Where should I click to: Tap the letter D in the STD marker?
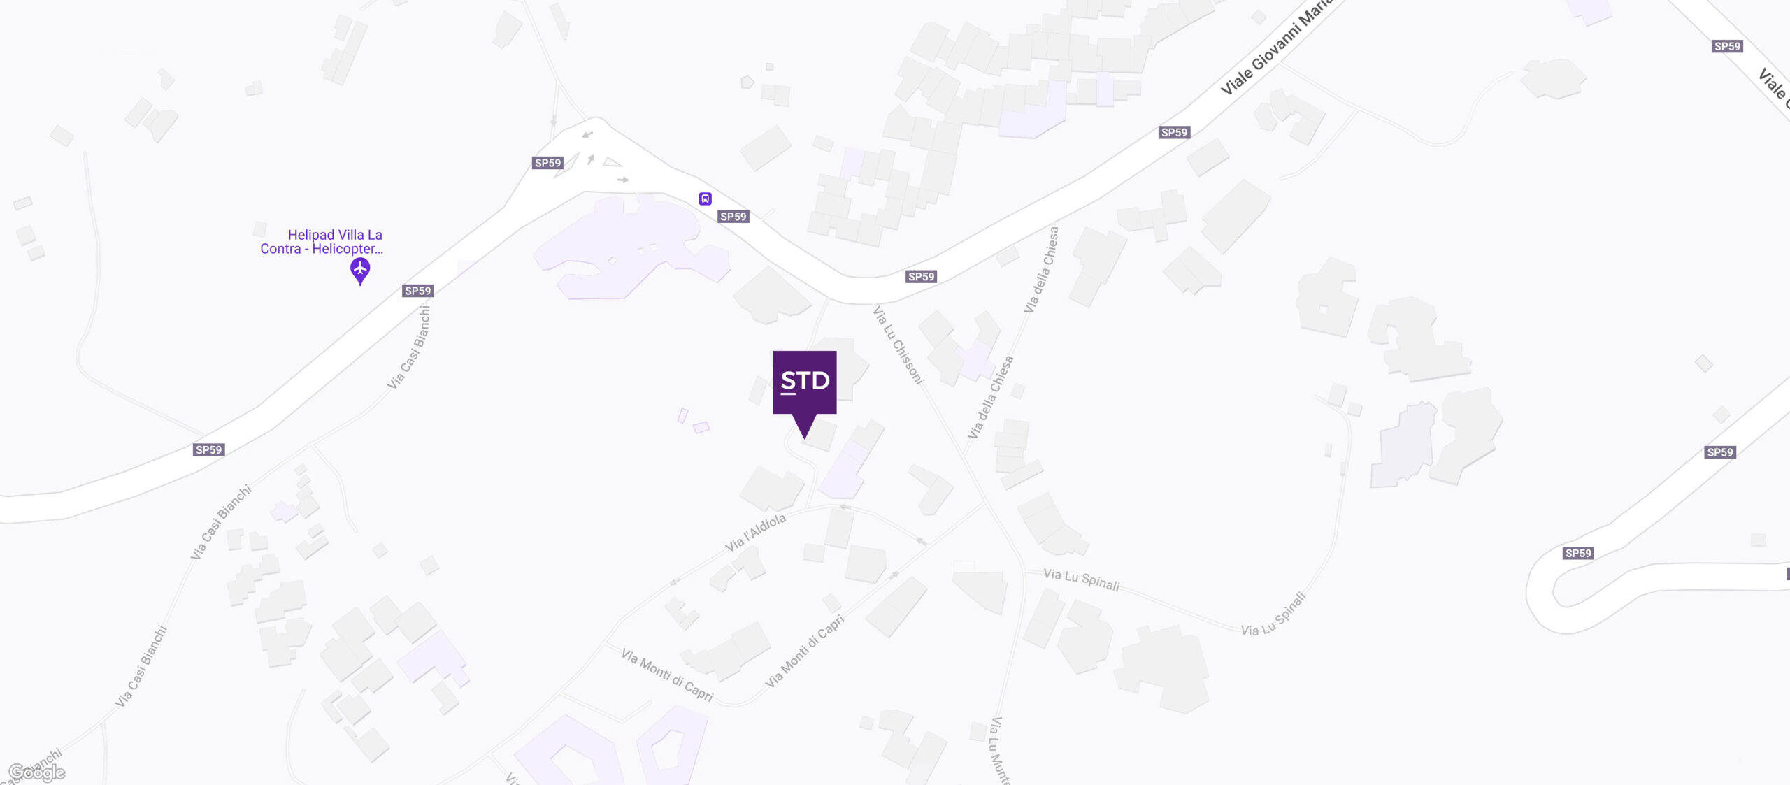[819, 381]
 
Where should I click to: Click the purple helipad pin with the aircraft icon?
[360, 270]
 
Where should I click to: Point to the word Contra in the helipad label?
[280, 249]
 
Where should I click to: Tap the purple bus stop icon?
[705, 199]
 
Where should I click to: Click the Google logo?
[37, 772]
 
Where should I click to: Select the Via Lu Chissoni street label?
[898, 345]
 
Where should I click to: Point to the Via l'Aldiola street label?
[755, 533]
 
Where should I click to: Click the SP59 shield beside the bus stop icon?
[733, 217]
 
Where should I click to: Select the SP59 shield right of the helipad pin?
[418, 291]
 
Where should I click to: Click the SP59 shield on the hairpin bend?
[1578, 553]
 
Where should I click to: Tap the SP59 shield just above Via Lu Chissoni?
[921, 277]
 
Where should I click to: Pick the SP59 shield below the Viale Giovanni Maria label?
[1174, 132]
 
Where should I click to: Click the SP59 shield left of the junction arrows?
[547, 163]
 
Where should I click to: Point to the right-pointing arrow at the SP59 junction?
[622, 180]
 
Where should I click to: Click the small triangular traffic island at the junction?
[612, 162]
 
